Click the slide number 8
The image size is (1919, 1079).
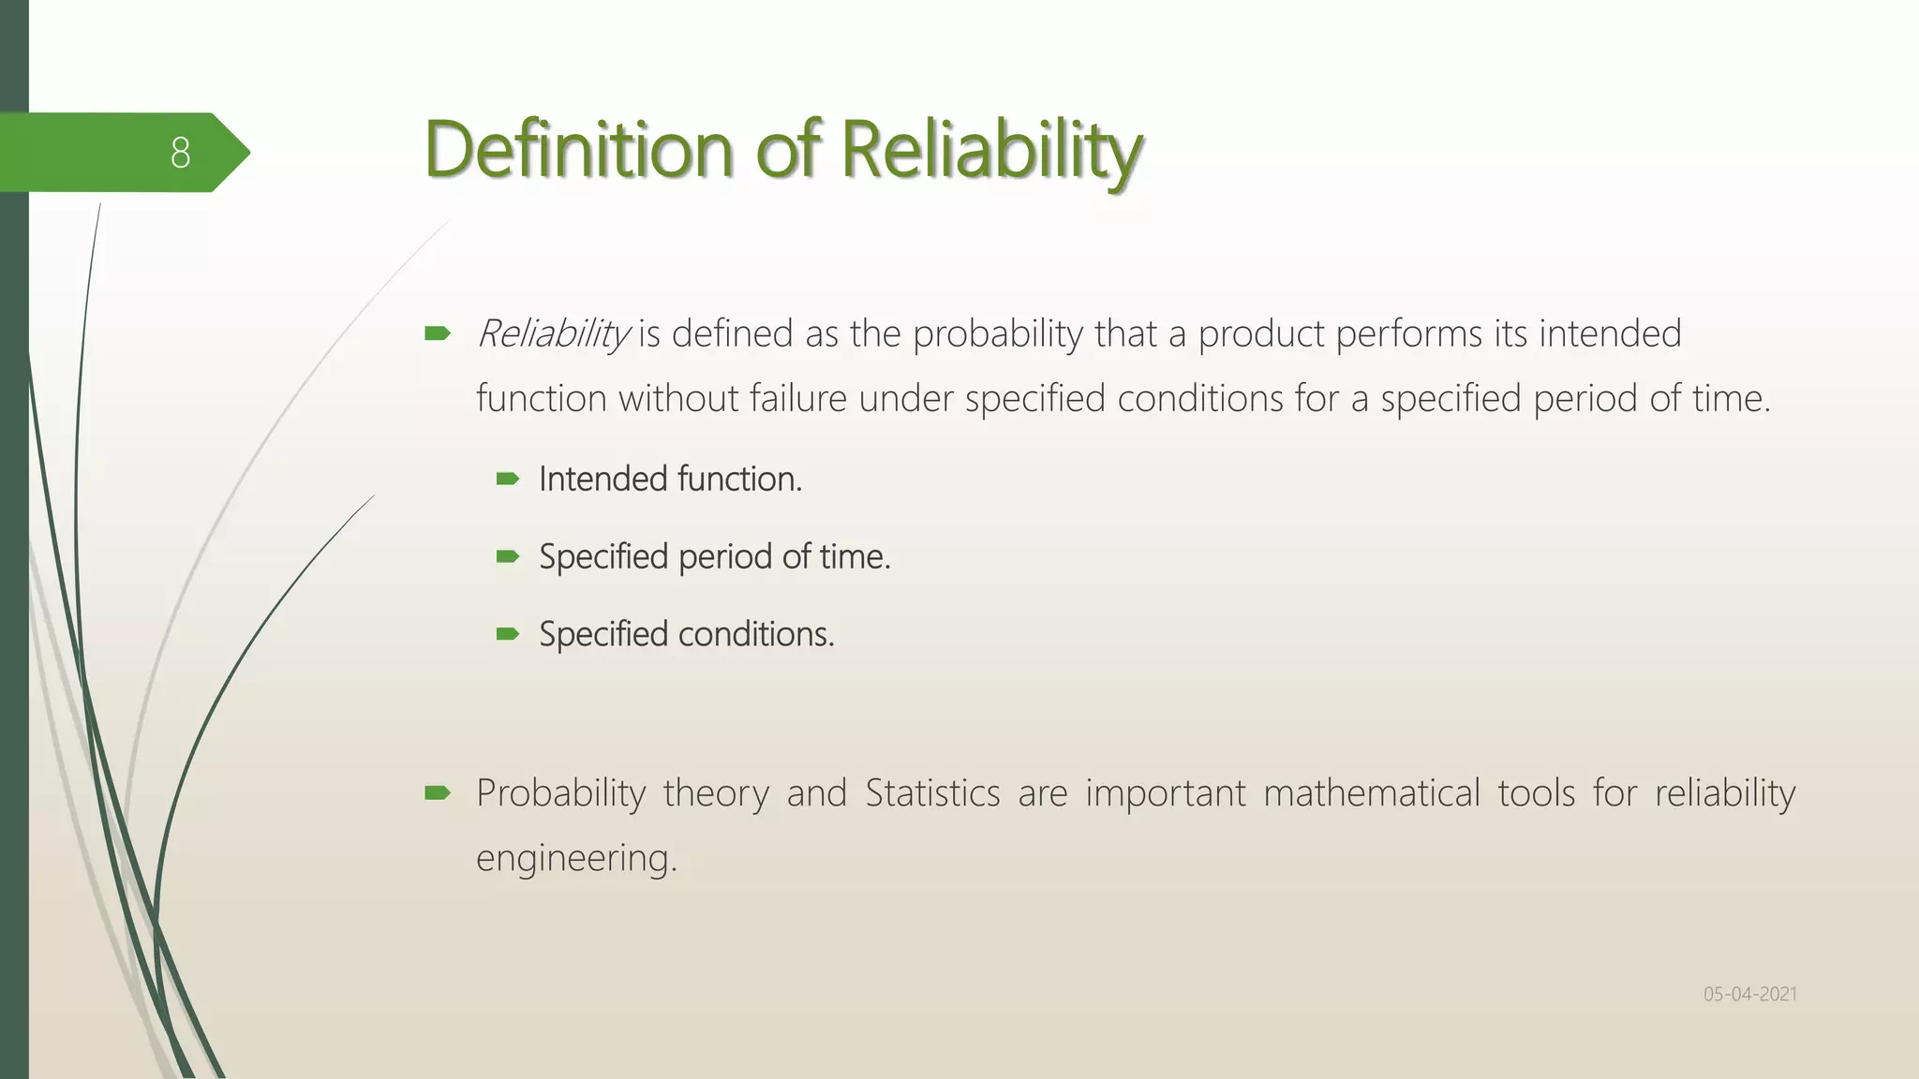click(x=181, y=153)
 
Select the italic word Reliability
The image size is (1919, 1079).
click(x=553, y=334)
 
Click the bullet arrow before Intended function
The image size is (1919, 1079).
click(x=508, y=480)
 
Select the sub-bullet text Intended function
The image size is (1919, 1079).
click(x=670, y=480)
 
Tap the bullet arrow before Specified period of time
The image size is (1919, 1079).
click(x=508, y=557)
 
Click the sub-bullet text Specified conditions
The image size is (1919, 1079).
click(x=686, y=635)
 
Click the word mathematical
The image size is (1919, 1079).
click(x=1371, y=793)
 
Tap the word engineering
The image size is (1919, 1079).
click(x=575, y=858)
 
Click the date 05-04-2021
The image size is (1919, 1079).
click(x=1749, y=994)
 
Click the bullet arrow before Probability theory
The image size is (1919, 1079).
click(x=438, y=794)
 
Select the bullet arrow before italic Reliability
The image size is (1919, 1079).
click(x=438, y=333)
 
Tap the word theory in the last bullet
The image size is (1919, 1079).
click(x=715, y=793)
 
